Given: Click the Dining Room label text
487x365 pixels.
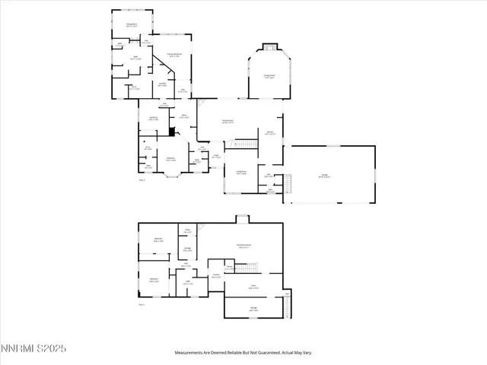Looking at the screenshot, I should pos(131,25).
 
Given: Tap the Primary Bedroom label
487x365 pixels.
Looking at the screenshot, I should pos(173,55).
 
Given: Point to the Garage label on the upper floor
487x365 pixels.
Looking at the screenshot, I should pos(324,176).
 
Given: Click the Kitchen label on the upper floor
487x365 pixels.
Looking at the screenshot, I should pos(269,133).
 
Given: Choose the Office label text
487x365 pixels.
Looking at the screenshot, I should pos(184,116).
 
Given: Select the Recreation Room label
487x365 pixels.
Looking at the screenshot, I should pos(243,245).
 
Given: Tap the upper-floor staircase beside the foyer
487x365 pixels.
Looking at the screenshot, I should pos(243,144).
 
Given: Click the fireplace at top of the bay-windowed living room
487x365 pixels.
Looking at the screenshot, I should pos(269,46).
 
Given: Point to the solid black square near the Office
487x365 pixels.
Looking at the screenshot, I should pos(172,131).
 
